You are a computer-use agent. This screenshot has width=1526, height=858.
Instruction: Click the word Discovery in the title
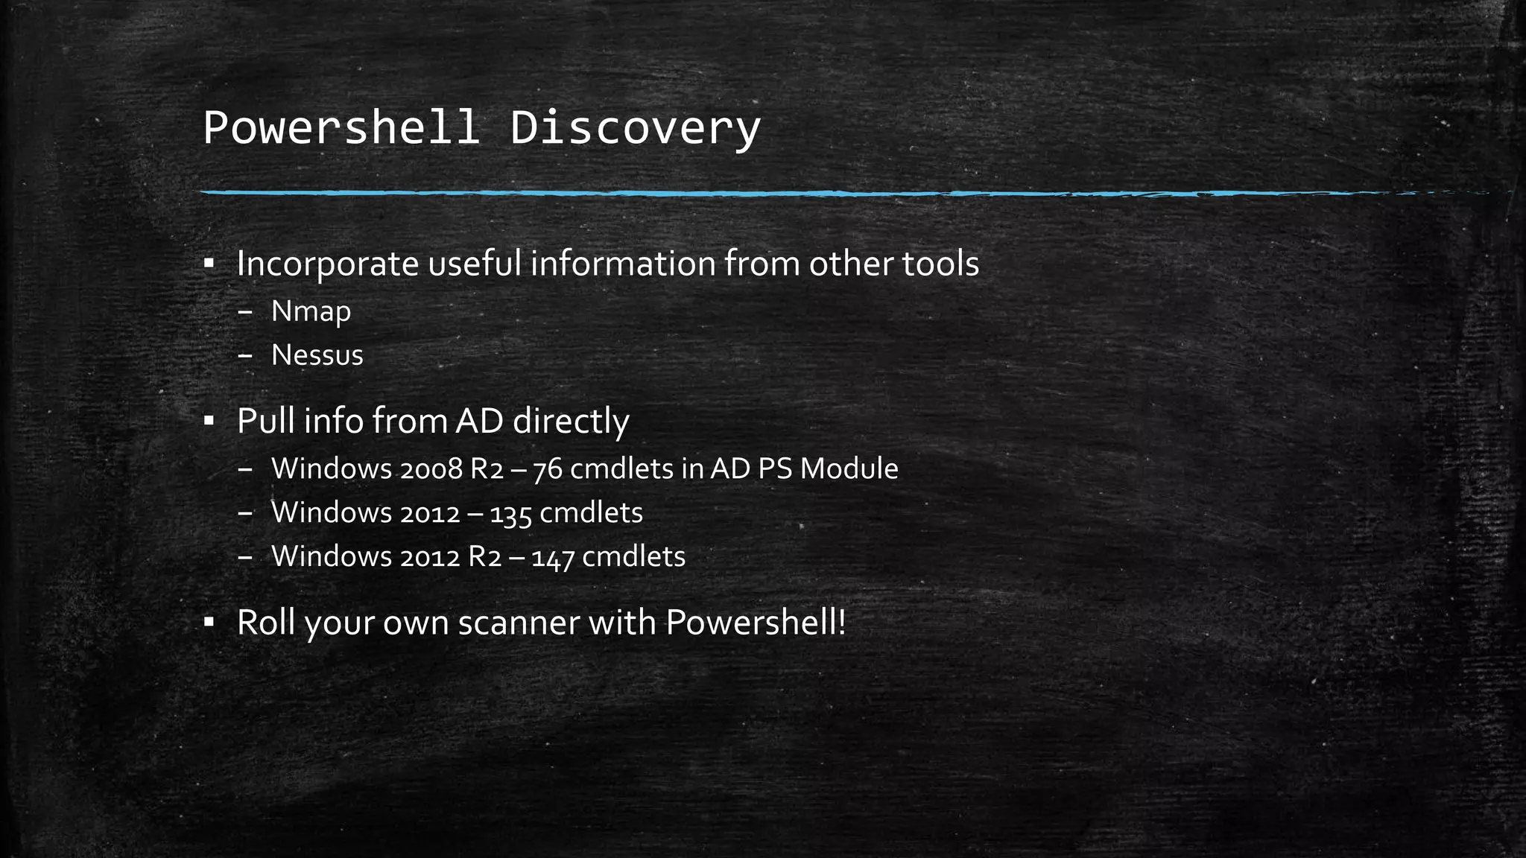635,128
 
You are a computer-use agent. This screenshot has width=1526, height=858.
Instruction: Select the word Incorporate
328,264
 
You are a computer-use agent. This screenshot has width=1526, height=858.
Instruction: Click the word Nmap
311,311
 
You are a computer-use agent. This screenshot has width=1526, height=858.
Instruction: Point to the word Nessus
317,355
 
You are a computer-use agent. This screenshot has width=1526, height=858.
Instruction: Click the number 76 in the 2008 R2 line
548,469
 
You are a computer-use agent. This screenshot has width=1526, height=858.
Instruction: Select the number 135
510,513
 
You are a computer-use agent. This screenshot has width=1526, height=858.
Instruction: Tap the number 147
553,557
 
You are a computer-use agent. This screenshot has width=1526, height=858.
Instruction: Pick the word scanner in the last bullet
519,623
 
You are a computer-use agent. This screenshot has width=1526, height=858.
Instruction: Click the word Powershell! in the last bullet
756,623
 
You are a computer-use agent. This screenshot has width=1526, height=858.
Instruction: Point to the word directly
571,422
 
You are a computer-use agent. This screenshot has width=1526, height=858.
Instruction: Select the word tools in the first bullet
940,264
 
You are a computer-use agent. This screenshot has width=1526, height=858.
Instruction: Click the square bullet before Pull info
209,421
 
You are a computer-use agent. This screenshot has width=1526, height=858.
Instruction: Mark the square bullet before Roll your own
209,621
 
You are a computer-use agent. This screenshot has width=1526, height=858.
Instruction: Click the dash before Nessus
245,356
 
